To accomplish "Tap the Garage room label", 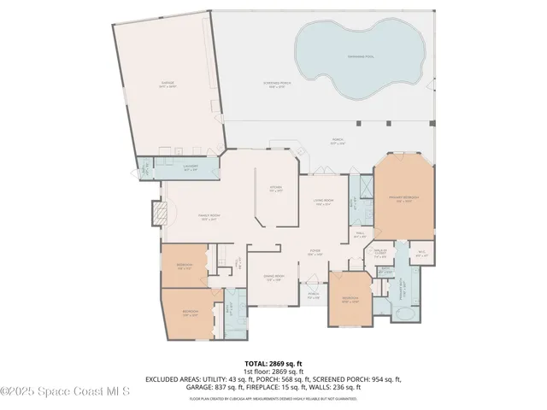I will [168, 84].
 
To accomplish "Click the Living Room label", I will [323, 203].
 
